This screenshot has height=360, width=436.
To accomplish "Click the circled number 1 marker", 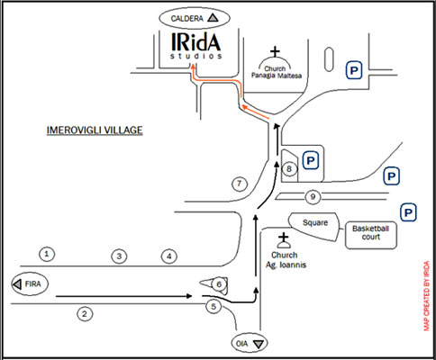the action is pos(47,254).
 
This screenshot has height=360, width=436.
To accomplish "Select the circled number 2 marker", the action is pos(85,314).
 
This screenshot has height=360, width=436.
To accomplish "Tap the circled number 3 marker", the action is pos(119,256).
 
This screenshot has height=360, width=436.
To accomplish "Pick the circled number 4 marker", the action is pos(169,256).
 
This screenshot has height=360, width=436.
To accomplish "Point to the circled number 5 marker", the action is pos(213,307).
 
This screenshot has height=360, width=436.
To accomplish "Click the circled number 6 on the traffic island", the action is pos(219,284).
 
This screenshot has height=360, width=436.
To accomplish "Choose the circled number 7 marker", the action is pos(240,184).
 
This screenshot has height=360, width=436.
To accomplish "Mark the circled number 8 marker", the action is pos(289,168).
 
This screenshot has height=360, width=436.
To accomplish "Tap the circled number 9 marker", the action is pos(313,196).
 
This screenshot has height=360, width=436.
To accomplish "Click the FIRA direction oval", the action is pos(30,283).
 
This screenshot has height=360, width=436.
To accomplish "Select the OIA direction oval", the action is pos(250,343).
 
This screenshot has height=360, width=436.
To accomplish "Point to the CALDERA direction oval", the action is pos(195,18).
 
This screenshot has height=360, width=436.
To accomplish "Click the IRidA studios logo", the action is pos(196,46).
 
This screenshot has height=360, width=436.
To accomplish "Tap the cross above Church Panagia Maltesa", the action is pos(275,51).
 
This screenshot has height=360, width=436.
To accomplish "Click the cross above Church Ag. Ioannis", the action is pos(283,238).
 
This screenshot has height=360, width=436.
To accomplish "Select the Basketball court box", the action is pos(371,236).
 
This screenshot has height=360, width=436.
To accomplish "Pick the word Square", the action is pos(315,222).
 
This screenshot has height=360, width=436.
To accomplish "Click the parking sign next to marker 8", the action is pos(311,160).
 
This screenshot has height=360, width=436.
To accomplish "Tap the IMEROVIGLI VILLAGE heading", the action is pos(95,130).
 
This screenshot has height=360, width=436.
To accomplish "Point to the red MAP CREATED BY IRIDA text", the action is pos(427,296).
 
